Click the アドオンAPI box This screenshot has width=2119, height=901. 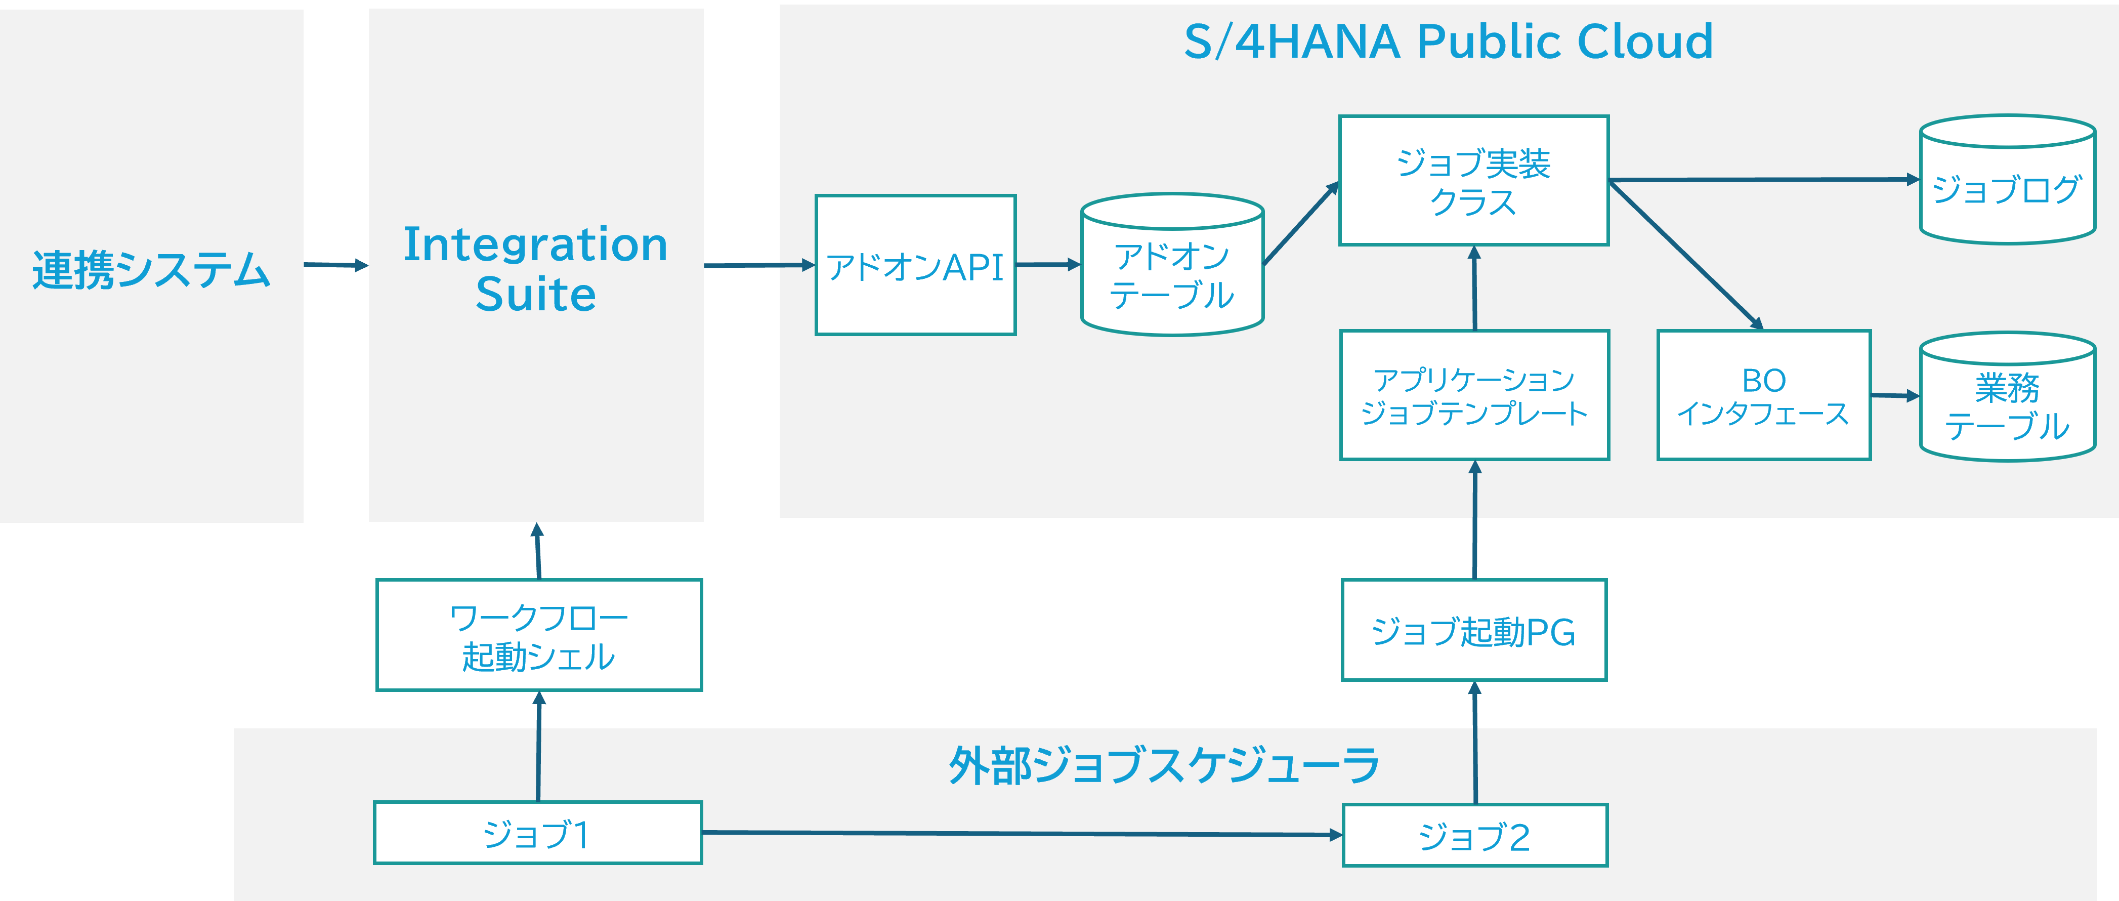coord(915,265)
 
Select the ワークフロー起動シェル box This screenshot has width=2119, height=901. coord(539,635)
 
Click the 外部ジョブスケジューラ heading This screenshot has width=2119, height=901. coord(1163,765)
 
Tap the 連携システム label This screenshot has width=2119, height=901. coord(151,269)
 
